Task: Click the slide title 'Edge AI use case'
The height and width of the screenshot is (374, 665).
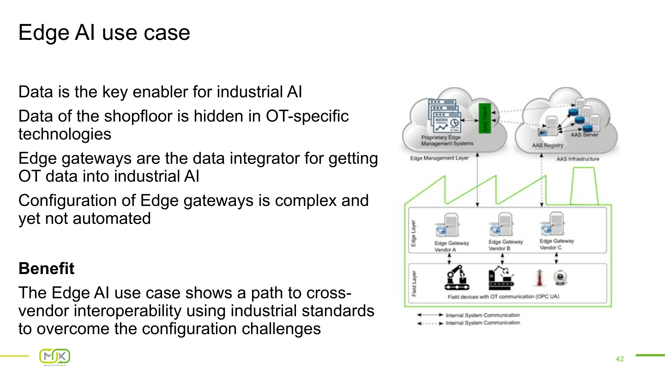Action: [x=104, y=33]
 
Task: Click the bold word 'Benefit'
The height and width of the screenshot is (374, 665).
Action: [x=46, y=268]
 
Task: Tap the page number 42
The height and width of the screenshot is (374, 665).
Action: [x=619, y=359]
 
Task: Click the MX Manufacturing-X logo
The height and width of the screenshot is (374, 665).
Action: [x=55, y=357]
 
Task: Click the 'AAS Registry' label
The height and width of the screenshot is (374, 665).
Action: [x=547, y=145]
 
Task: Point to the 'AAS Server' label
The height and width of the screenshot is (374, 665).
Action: [x=584, y=135]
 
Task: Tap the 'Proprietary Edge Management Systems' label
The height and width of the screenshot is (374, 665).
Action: [x=447, y=140]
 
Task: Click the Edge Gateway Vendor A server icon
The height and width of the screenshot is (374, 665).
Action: [x=448, y=225]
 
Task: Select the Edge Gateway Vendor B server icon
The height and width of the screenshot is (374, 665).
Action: [x=502, y=225]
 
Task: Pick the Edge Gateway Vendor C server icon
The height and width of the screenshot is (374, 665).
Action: [x=553, y=224]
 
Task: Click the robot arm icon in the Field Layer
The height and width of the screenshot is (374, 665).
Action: [x=457, y=278]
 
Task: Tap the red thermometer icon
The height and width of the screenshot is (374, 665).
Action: [x=539, y=278]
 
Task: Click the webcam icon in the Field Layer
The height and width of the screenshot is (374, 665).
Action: [x=560, y=278]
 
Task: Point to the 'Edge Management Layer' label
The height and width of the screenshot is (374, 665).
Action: [x=439, y=158]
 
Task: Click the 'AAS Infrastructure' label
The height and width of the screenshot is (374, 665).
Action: [x=578, y=159]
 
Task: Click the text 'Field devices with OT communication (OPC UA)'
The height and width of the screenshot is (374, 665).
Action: [x=503, y=296]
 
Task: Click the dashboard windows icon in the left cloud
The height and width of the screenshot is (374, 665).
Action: [x=445, y=116]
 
